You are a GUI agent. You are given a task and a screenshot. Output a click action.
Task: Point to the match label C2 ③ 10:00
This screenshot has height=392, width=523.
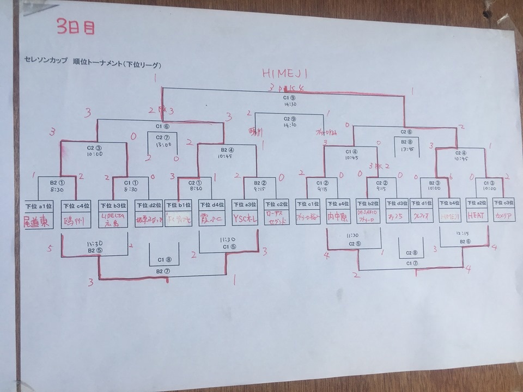point(94,150)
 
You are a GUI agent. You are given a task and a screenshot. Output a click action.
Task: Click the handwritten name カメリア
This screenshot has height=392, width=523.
point(504,216)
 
